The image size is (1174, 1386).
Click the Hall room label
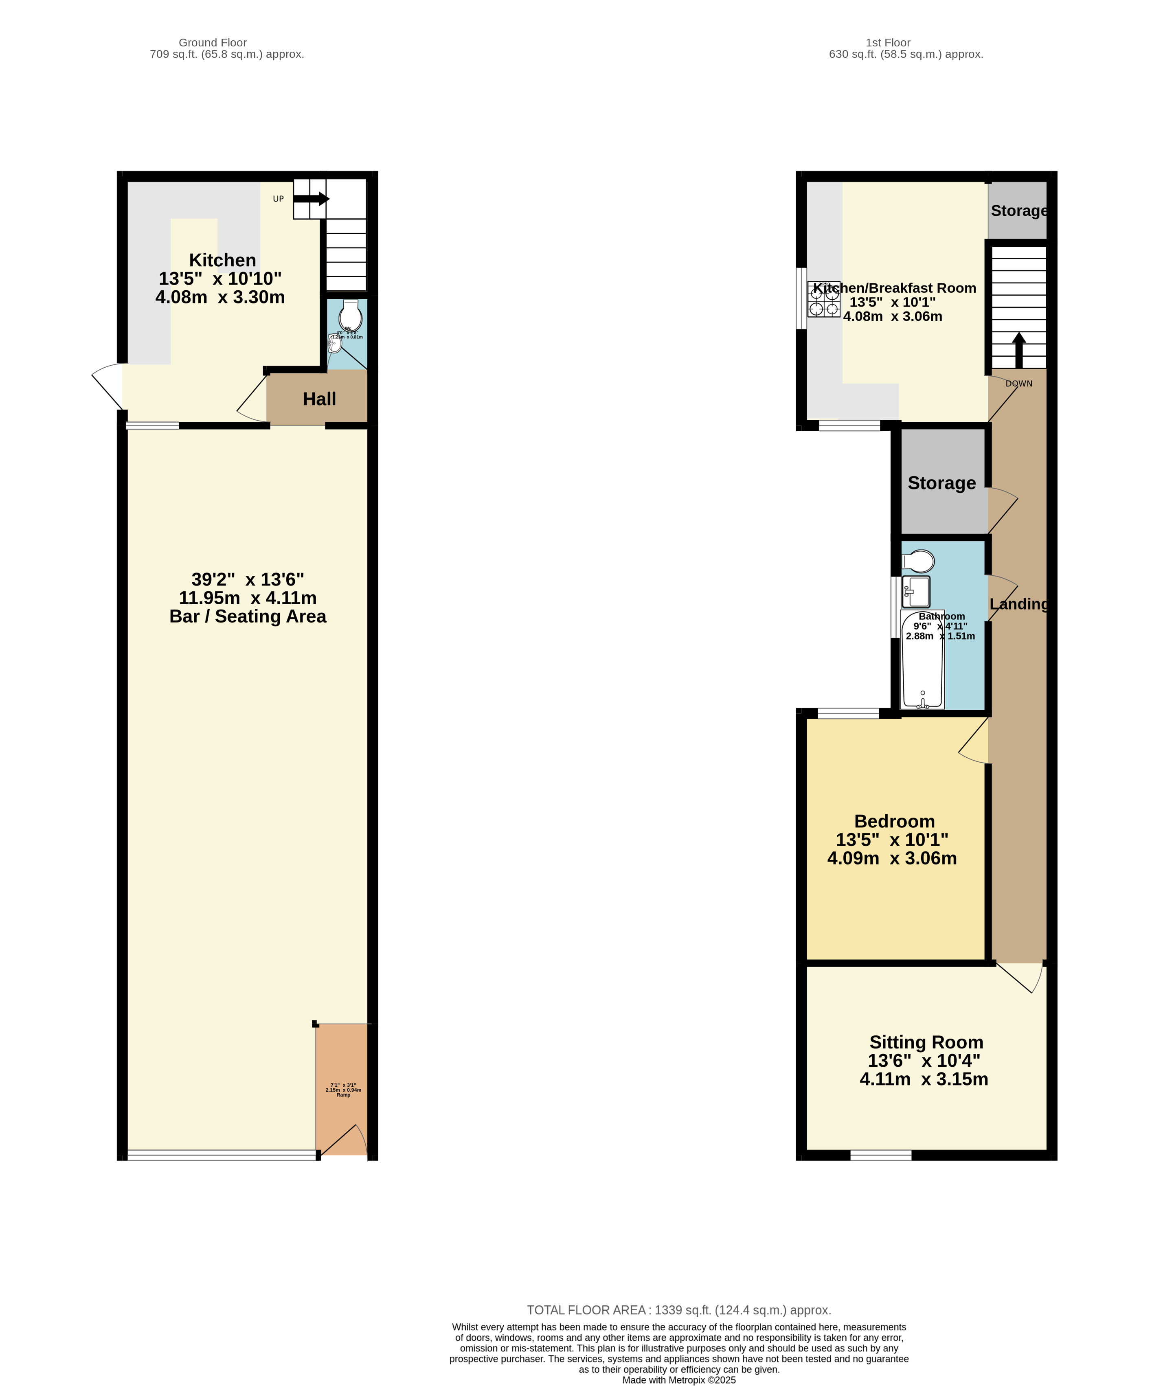319,399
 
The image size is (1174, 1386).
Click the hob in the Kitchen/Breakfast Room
823,299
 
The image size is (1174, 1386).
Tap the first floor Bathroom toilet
918,561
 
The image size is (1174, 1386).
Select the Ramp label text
343,1094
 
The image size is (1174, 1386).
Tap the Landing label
1018,604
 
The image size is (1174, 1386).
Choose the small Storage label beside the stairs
1018,211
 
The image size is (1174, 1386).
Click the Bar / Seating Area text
248,617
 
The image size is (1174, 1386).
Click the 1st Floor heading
888,43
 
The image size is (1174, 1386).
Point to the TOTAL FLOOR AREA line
679,1310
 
